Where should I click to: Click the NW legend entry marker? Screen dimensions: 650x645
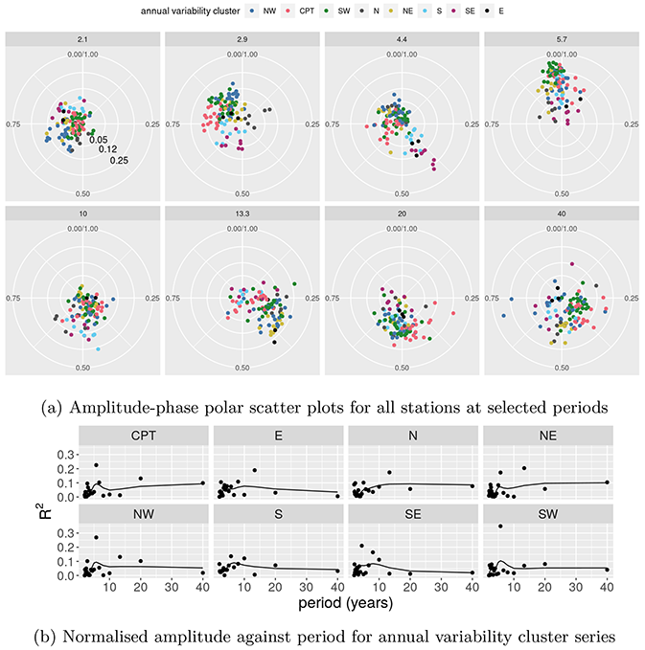250,11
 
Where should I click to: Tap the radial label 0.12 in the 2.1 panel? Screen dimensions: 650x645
108,150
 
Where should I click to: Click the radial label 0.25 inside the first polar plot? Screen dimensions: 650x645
120,160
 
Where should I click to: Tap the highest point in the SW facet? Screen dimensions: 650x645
500,527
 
